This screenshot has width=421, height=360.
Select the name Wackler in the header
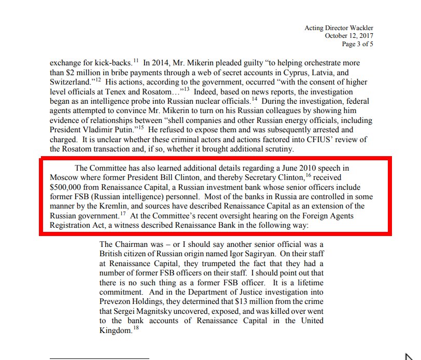[x=358, y=27]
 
